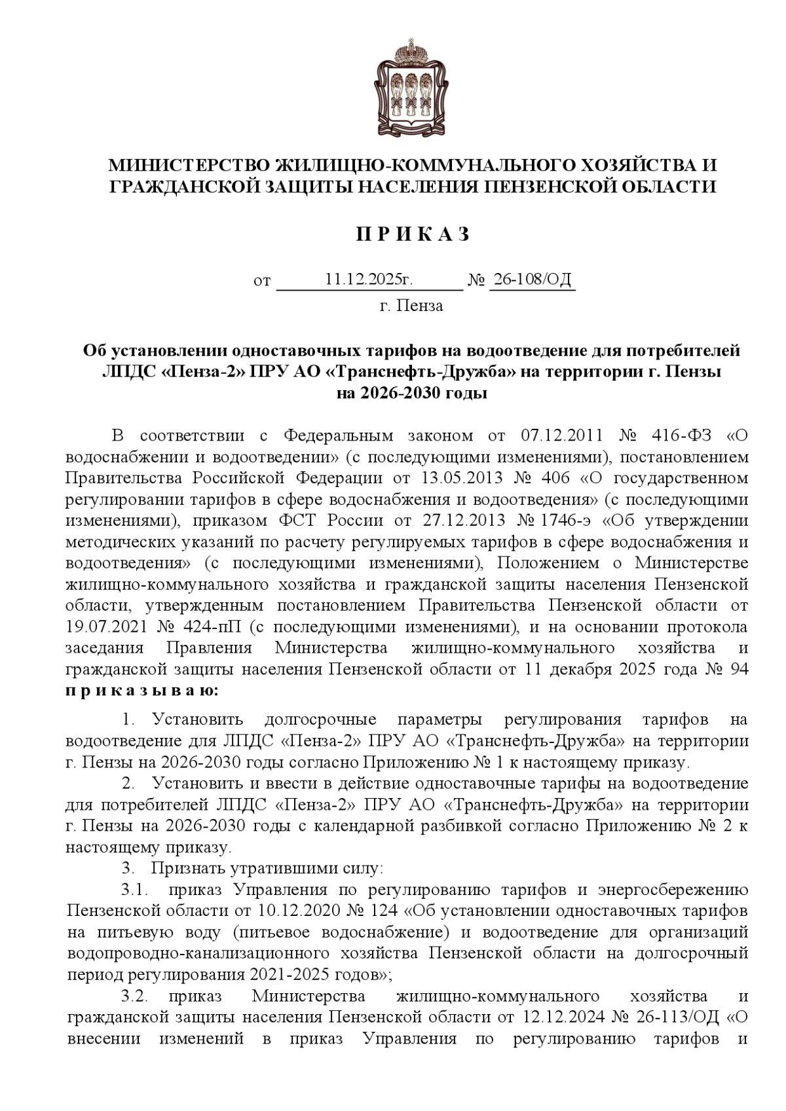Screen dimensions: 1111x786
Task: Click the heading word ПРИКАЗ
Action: pos(413,234)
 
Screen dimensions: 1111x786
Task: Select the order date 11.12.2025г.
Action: pos(369,280)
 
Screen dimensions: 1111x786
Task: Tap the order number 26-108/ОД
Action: pos(532,280)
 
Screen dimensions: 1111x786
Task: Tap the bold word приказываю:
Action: pos(143,690)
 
